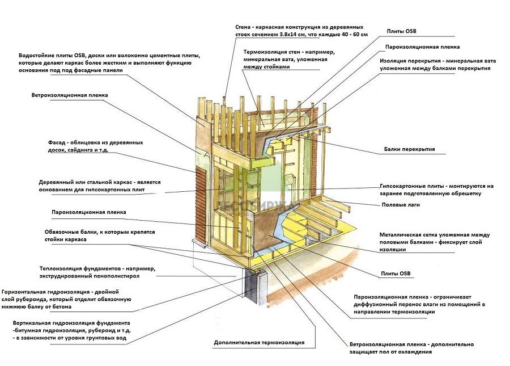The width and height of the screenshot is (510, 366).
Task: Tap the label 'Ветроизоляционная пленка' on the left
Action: click(x=69, y=95)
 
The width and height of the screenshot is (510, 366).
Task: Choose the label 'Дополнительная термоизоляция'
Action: click(x=259, y=343)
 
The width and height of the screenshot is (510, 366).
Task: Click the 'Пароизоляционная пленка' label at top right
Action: click(x=422, y=47)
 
